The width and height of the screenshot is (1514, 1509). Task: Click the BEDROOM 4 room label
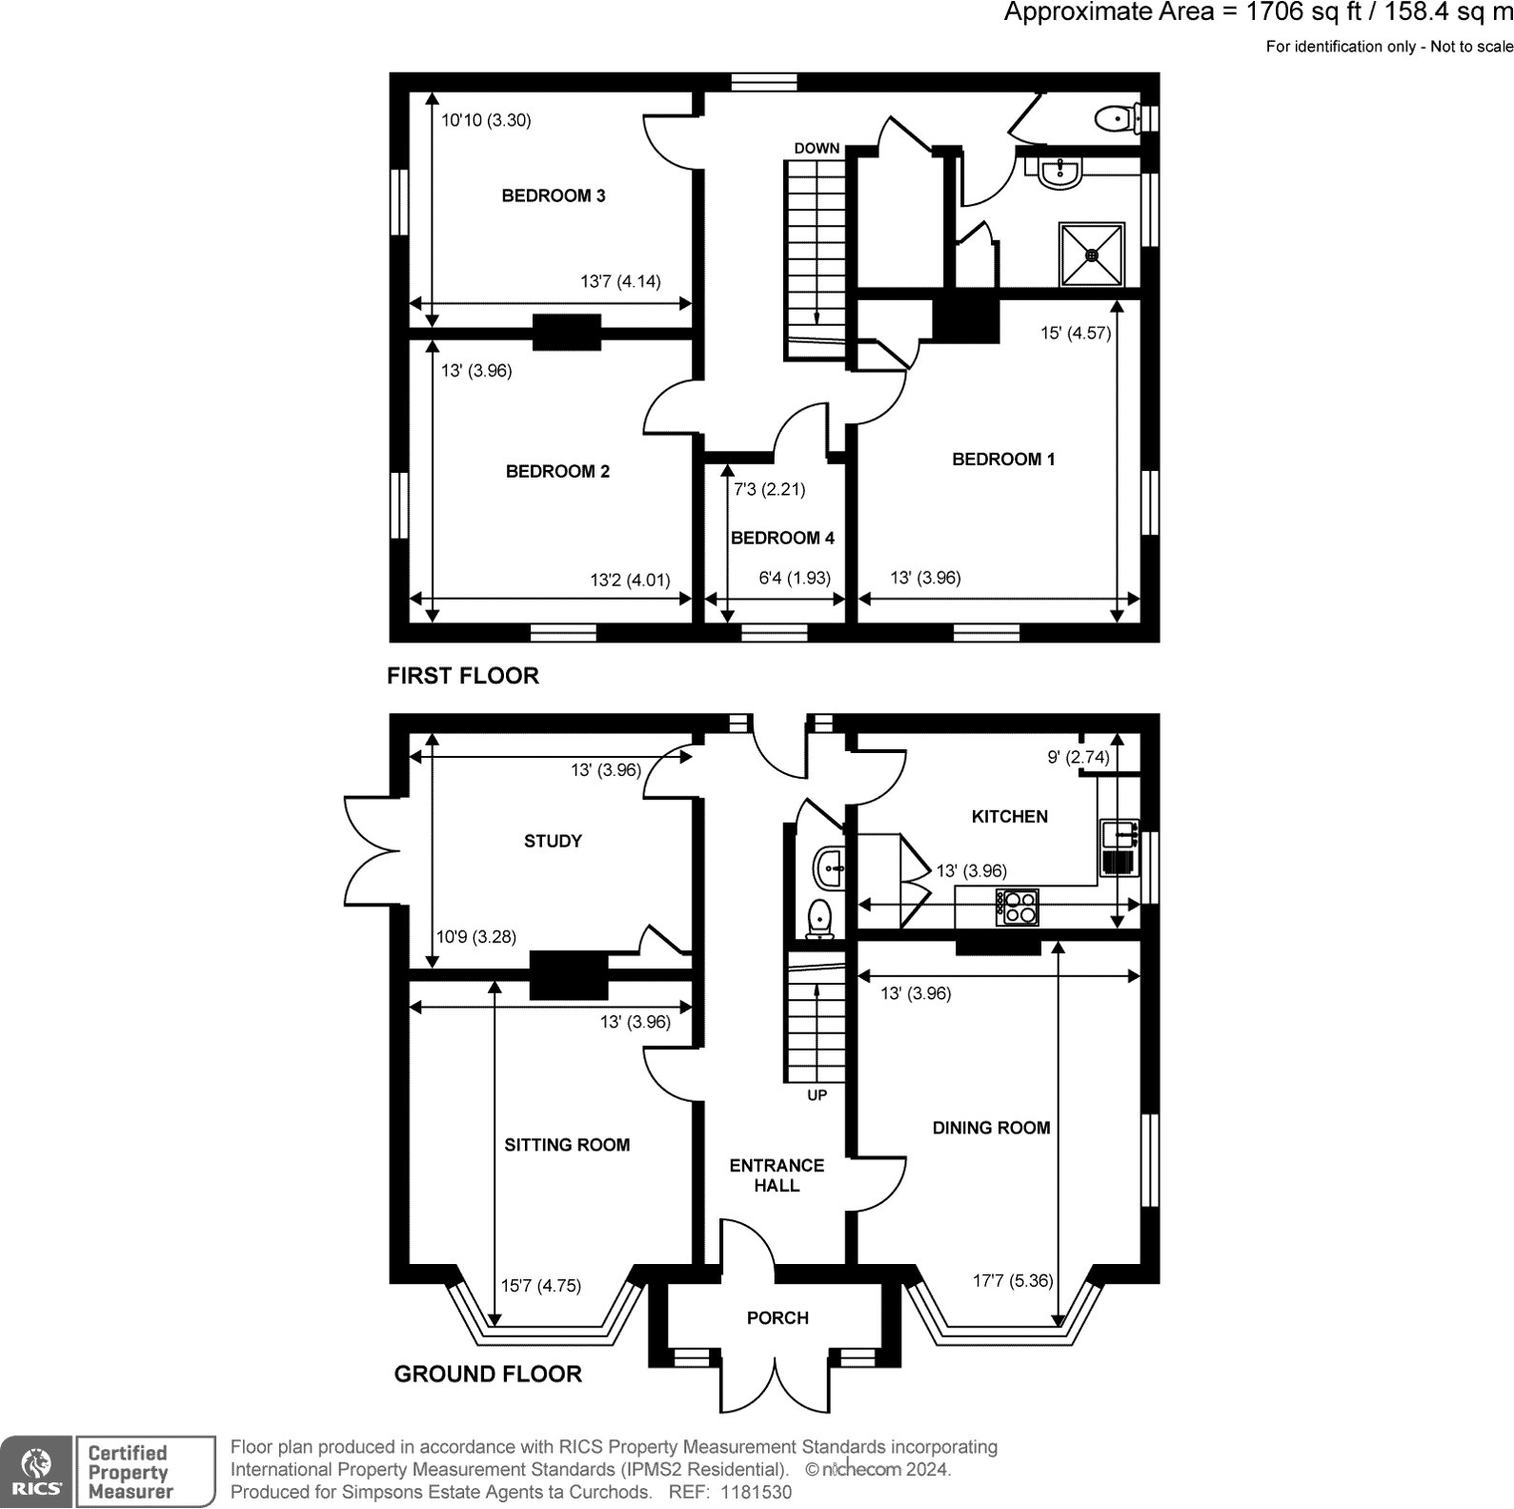pyautogui.click(x=782, y=538)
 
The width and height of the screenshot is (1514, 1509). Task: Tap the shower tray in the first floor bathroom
pyautogui.click(x=1092, y=255)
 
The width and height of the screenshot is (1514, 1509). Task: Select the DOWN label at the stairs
pyautogui.click(x=817, y=148)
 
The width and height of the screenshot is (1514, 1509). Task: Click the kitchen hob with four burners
pyautogui.click(x=1017, y=907)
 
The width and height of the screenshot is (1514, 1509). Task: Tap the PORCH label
pyautogui.click(x=777, y=1317)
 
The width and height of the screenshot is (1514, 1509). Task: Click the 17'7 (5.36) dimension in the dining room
pyautogui.click(x=1012, y=1280)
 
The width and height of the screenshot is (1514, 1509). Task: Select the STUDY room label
pyautogui.click(x=553, y=841)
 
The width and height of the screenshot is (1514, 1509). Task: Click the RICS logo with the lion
pyautogui.click(x=36, y=1472)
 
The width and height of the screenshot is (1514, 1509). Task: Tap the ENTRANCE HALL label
pyautogui.click(x=777, y=1175)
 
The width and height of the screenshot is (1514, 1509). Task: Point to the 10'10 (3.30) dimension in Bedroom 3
pyautogui.click(x=486, y=120)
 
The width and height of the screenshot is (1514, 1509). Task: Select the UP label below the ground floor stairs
pyautogui.click(x=817, y=1095)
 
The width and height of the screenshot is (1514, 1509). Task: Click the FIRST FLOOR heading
pyautogui.click(x=463, y=676)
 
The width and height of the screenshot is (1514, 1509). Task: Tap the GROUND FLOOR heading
pyautogui.click(x=488, y=1374)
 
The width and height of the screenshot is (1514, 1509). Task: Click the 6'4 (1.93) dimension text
pyautogui.click(x=795, y=578)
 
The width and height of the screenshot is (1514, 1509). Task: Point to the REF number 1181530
pyautogui.click(x=730, y=1492)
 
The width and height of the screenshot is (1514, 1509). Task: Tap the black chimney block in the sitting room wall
pyautogui.click(x=569, y=975)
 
